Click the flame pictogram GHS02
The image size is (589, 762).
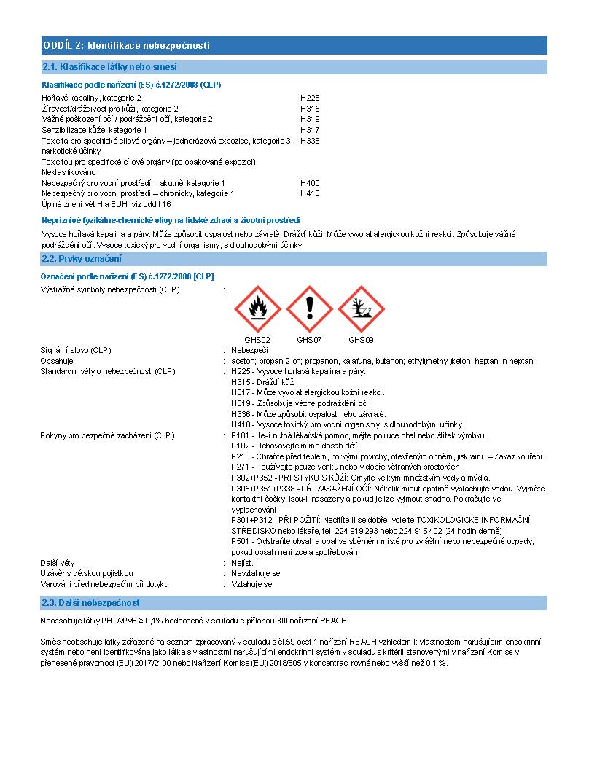(x=257, y=309)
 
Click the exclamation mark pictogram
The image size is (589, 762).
(x=309, y=309)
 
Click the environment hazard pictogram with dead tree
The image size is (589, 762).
(x=361, y=309)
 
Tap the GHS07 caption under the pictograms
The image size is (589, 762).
(x=309, y=340)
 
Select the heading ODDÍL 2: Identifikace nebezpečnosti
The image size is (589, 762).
(x=127, y=46)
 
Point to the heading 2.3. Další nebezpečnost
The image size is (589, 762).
(x=91, y=603)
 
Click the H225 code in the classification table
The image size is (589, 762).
(x=310, y=98)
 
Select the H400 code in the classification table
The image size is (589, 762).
(x=310, y=183)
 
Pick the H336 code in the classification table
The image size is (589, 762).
(x=310, y=141)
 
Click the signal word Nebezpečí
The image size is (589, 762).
(x=250, y=350)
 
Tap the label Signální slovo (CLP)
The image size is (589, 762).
(x=76, y=350)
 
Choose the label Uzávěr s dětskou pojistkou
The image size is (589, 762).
(x=87, y=573)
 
